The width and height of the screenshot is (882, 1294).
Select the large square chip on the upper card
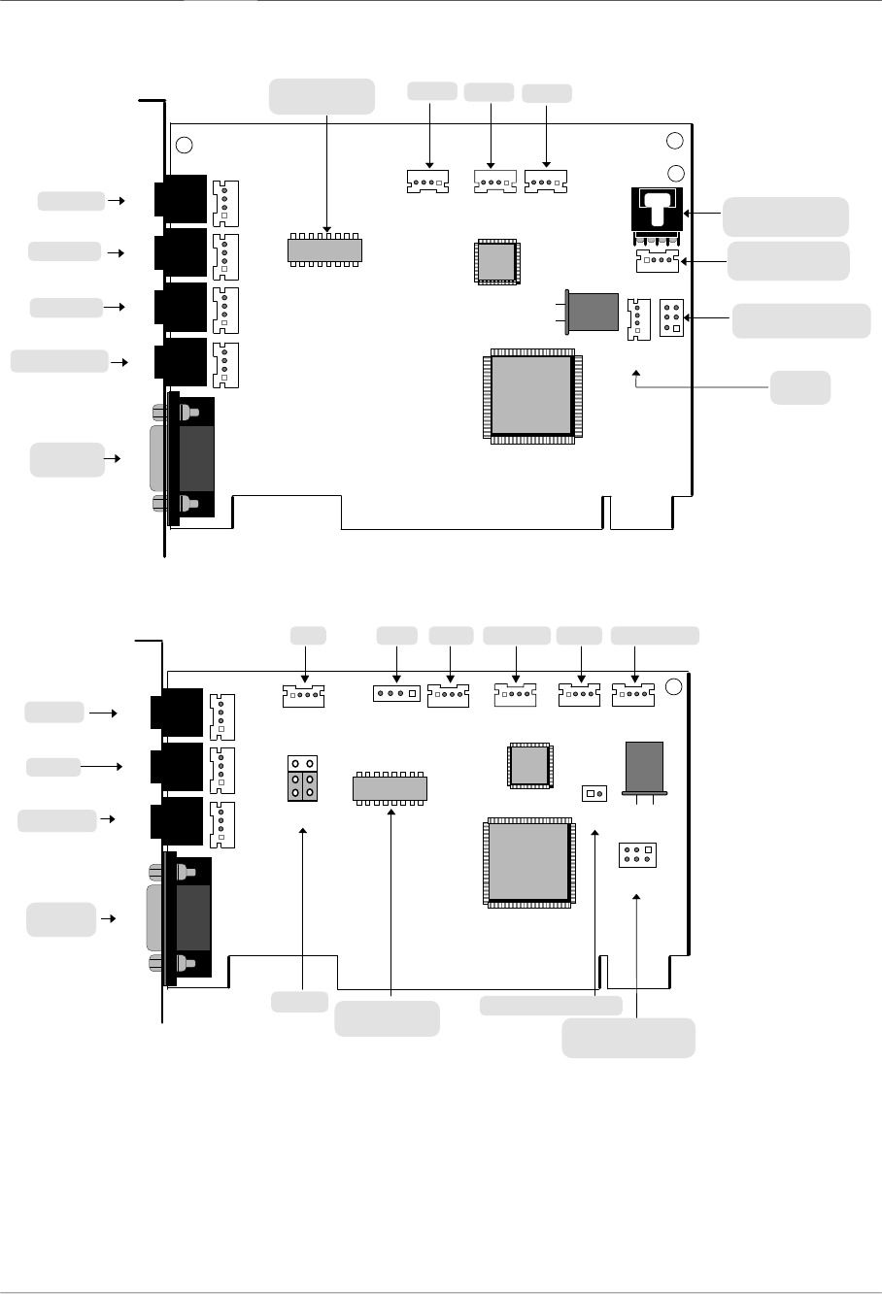531,394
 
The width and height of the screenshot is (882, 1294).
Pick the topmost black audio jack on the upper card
181,198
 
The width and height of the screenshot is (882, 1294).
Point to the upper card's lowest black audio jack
181,361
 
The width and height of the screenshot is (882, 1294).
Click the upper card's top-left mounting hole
185,146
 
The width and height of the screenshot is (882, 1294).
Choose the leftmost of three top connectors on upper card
428,181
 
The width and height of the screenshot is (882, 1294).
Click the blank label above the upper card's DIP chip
322,96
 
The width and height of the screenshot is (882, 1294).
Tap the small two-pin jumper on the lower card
594,793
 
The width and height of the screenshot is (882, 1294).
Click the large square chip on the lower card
529,861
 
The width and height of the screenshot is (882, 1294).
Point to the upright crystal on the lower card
644,766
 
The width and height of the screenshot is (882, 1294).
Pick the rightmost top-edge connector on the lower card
633,694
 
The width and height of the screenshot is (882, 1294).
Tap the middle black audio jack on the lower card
178,766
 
